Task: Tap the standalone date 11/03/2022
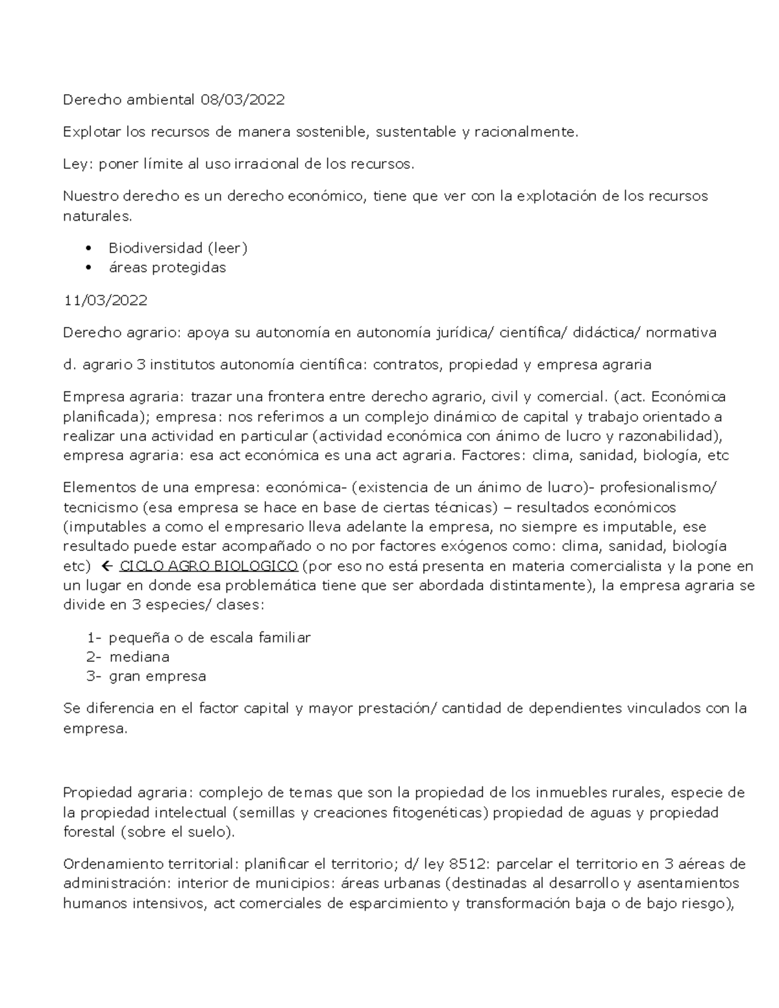pos(105,301)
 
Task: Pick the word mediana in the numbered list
pos(139,657)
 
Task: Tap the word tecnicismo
pos(100,507)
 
